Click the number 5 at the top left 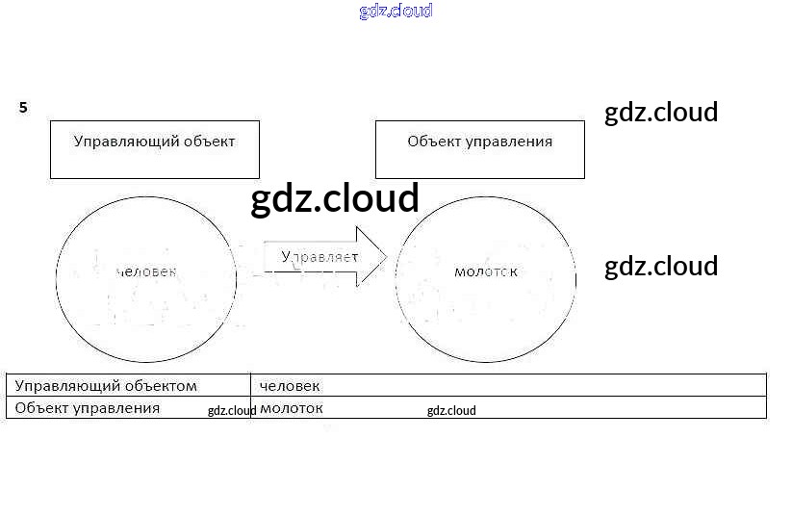[x=23, y=108]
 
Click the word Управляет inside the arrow [x=319, y=257]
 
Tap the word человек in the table [x=290, y=385]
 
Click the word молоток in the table [x=292, y=407]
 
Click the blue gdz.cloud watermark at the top [x=396, y=11]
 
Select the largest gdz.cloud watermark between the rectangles [x=335, y=198]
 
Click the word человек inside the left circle [x=146, y=271]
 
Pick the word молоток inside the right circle [x=485, y=271]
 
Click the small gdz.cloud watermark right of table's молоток [x=451, y=411]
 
